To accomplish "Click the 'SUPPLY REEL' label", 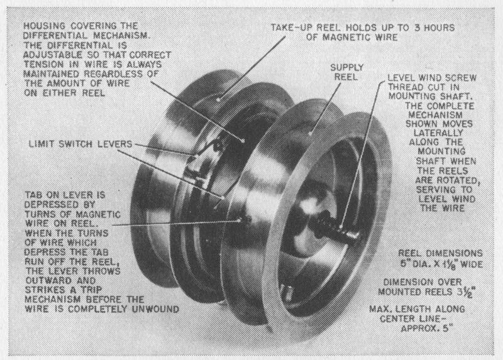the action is click(347, 72).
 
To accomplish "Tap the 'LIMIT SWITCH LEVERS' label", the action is click(80, 144).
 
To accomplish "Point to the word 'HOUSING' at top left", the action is click(44, 26).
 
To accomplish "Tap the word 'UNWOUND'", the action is click(155, 309).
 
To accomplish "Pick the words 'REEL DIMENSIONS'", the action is click(441, 253).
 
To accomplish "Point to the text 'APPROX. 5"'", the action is click(427, 329).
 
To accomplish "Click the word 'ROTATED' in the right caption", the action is click(460, 180).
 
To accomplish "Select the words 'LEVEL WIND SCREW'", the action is click(432, 78).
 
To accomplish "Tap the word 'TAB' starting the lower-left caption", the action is click(33, 195).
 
